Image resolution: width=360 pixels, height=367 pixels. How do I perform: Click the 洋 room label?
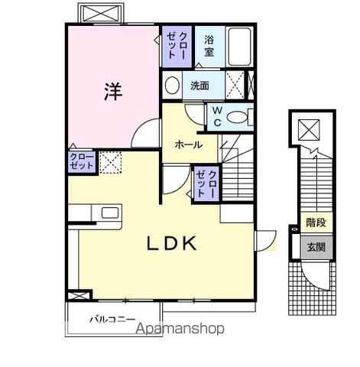(112, 90)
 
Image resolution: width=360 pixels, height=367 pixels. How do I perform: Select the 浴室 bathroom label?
(209, 47)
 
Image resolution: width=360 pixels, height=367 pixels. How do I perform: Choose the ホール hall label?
(188, 145)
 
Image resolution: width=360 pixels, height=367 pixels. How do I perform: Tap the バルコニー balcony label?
(112, 317)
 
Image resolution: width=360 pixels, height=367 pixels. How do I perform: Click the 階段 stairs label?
(316, 223)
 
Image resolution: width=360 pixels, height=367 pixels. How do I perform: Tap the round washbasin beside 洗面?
(172, 84)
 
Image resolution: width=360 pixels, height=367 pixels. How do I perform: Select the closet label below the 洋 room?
(82, 161)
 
